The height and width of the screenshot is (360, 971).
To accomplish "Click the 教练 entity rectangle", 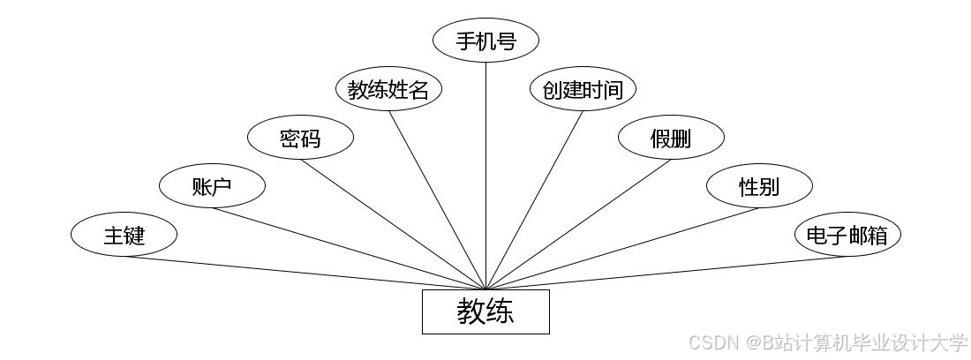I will click(485, 311).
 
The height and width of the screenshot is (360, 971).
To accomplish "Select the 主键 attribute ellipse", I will click(124, 235).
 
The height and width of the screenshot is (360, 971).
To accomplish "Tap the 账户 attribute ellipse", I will click(212, 185).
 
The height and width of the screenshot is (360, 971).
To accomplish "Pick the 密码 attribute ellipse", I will click(300, 138).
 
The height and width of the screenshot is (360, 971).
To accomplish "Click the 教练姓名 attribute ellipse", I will click(388, 90).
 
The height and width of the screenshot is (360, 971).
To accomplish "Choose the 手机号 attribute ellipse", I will click(485, 41).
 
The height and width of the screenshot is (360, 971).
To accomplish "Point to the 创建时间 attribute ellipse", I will click(583, 90).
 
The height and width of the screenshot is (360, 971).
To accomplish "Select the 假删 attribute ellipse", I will click(671, 138).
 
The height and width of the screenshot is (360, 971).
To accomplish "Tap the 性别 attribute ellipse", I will click(759, 185).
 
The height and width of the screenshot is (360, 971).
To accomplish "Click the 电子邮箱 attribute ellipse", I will click(847, 235).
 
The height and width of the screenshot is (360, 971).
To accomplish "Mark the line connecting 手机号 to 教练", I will click(485, 176).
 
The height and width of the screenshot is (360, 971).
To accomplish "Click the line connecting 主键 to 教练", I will click(305, 273).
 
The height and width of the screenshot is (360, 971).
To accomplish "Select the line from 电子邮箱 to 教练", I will click(666, 273).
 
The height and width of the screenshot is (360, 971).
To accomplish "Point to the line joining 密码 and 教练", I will click(393, 224).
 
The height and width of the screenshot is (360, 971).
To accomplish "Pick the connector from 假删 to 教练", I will click(578, 224).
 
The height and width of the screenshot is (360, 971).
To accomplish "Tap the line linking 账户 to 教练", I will click(349, 248).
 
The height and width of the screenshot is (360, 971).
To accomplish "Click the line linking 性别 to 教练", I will click(622, 248).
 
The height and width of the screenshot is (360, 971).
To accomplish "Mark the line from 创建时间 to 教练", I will click(534, 200).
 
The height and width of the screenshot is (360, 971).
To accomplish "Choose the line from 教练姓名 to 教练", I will click(437, 200).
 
